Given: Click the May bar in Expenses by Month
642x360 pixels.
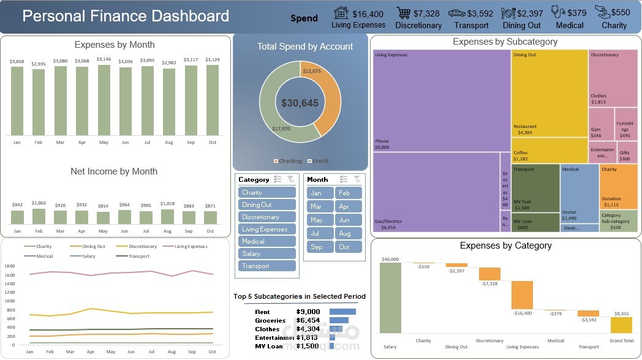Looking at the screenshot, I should (x=104, y=100).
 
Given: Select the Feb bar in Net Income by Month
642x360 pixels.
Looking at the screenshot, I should (x=39, y=216).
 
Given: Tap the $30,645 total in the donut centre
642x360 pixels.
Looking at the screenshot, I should (x=300, y=103).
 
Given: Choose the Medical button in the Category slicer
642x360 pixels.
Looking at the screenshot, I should (x=266, y=241).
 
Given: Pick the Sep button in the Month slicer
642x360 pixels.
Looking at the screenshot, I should (x=317, y=247).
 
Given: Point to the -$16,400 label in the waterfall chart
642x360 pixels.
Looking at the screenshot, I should (x=523, y=313).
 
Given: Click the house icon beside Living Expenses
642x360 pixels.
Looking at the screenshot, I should (x=342, y=13).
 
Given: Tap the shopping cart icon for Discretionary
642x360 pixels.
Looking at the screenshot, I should (x=403, y=13).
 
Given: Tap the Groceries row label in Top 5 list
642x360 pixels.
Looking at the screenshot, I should (x=270, y=320).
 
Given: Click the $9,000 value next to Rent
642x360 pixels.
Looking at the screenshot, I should (x=308, y=312).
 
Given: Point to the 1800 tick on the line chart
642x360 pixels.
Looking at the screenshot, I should (x=9, y=266).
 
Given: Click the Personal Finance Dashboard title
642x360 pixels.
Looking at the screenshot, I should (x=126, y=16).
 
